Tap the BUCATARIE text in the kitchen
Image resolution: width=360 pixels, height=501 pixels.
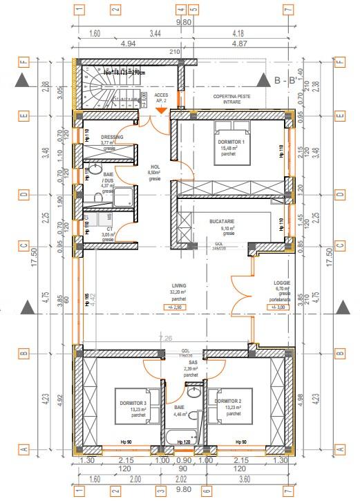coord(223,222)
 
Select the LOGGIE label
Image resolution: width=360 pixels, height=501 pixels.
coord(281,283)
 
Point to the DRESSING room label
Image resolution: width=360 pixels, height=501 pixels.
coord(112,138)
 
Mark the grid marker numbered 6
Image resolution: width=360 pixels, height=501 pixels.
coord(205,491)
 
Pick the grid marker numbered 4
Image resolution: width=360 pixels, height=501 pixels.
coord(181,10)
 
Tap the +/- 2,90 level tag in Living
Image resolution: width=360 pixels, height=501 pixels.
coord(180,306)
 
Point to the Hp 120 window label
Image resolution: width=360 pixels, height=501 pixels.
coord(182,442)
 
